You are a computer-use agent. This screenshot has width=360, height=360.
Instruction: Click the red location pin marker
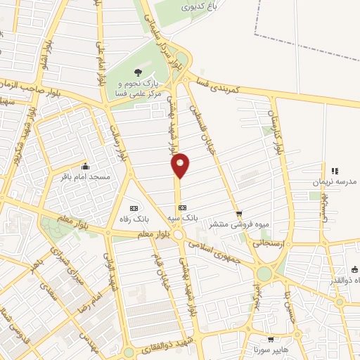[181, 164]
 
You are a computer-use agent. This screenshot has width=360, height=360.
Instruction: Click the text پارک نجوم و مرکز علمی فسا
[138, 88]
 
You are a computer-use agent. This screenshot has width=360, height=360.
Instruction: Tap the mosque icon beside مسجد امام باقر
[85, 166]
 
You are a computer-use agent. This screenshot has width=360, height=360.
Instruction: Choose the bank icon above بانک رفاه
[134, 207]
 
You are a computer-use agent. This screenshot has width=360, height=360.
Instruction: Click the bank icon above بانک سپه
[182, 207]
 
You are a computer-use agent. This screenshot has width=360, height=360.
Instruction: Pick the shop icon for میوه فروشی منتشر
[240, 213]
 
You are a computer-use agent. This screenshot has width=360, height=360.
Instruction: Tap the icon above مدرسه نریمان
[335, 170]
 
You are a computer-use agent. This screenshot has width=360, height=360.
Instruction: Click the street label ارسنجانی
[266, 242]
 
